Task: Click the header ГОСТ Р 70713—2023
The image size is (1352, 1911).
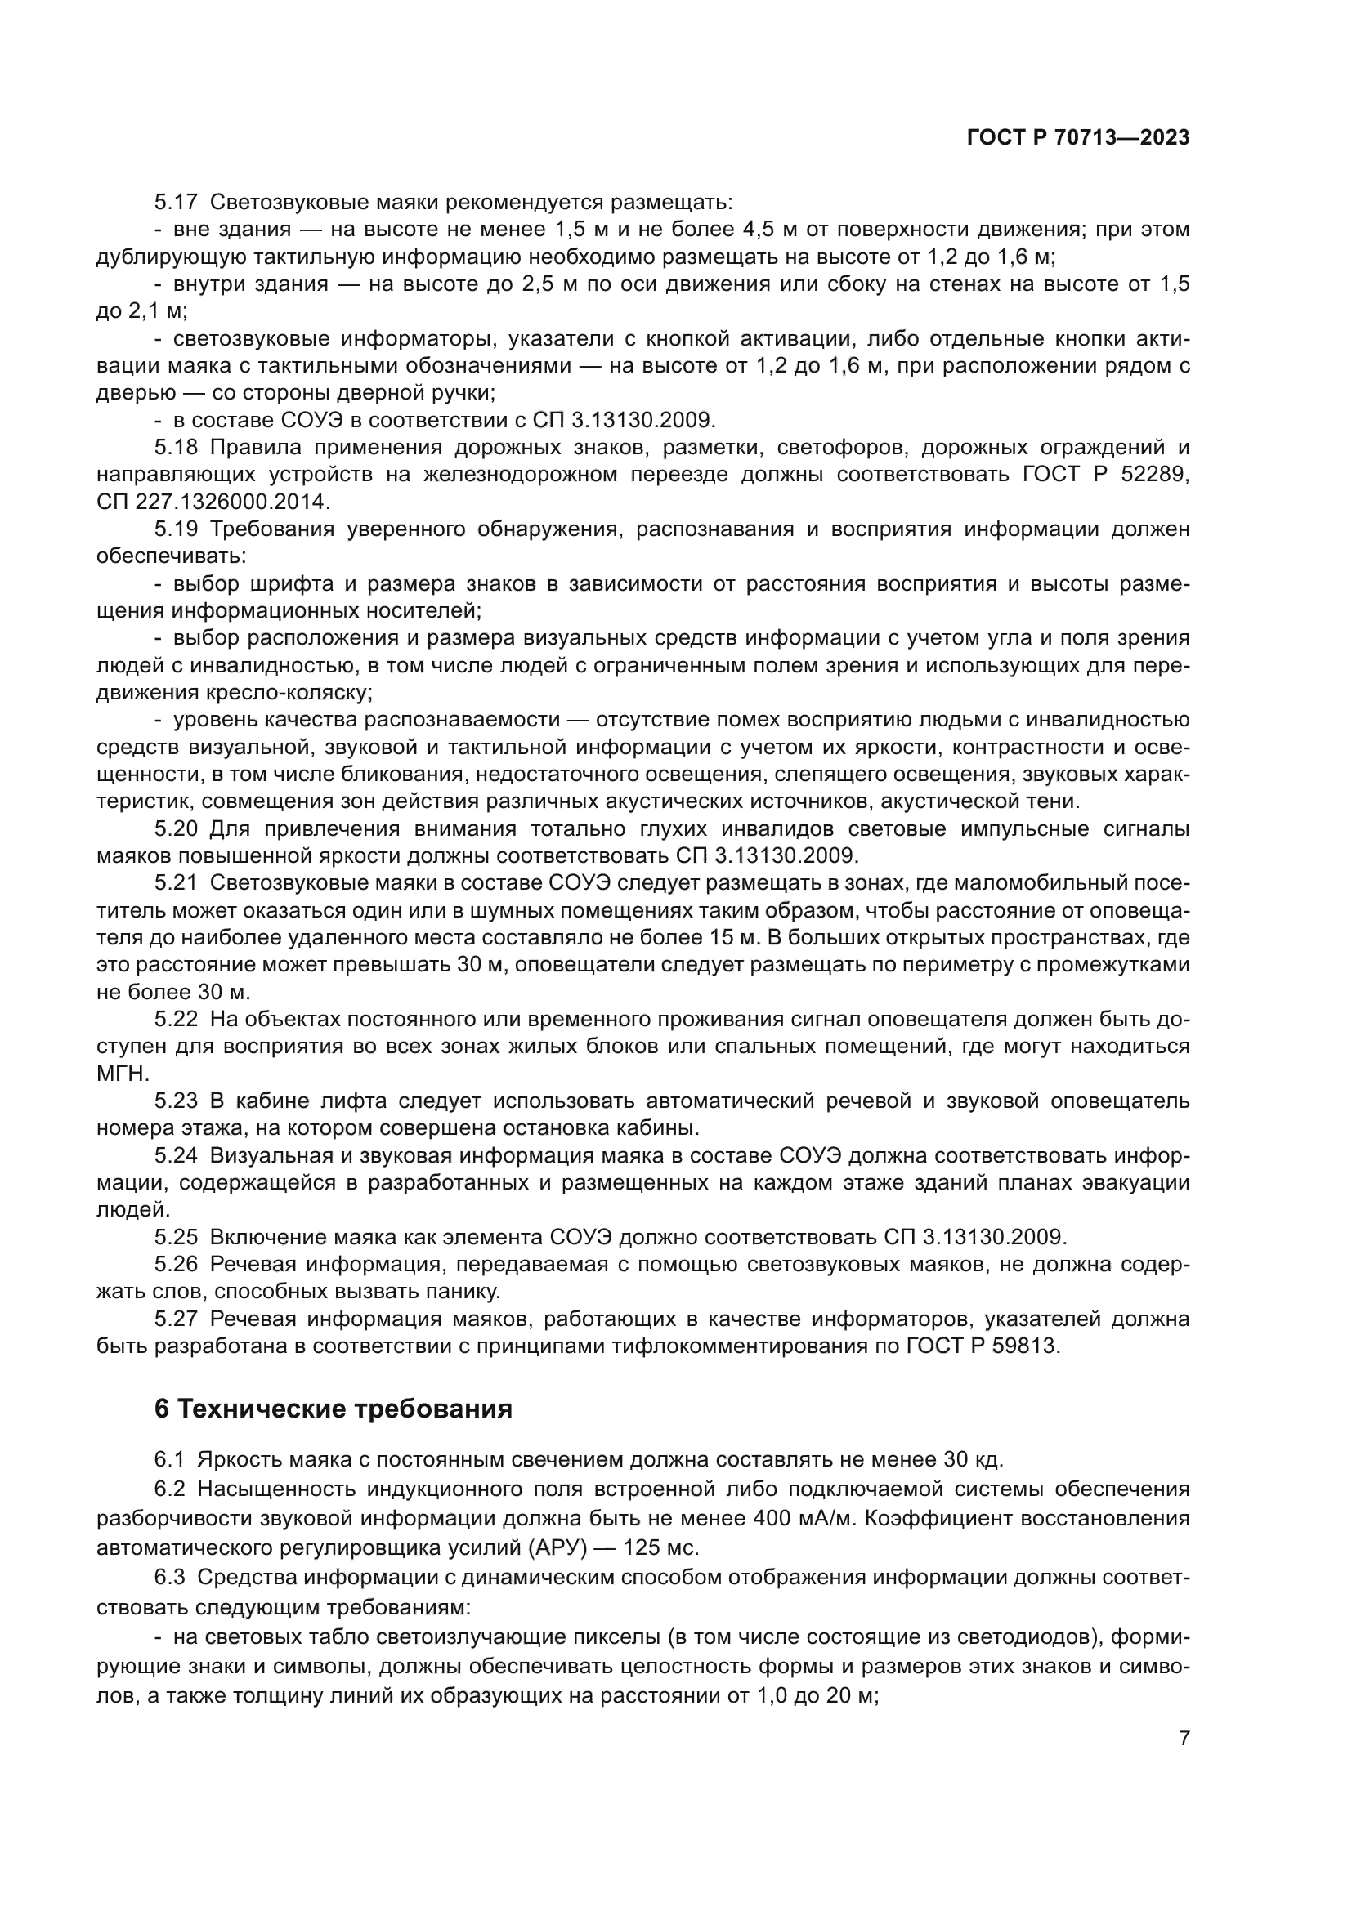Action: coord(1077,138)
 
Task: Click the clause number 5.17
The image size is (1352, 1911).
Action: coord(176,203)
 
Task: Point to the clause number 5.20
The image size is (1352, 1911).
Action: coord(176,829)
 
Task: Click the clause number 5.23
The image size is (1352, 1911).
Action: coord(176,1101)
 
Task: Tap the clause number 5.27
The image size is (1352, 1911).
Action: coord(176,1319)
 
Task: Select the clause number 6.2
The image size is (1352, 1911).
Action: coord(171,1488)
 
